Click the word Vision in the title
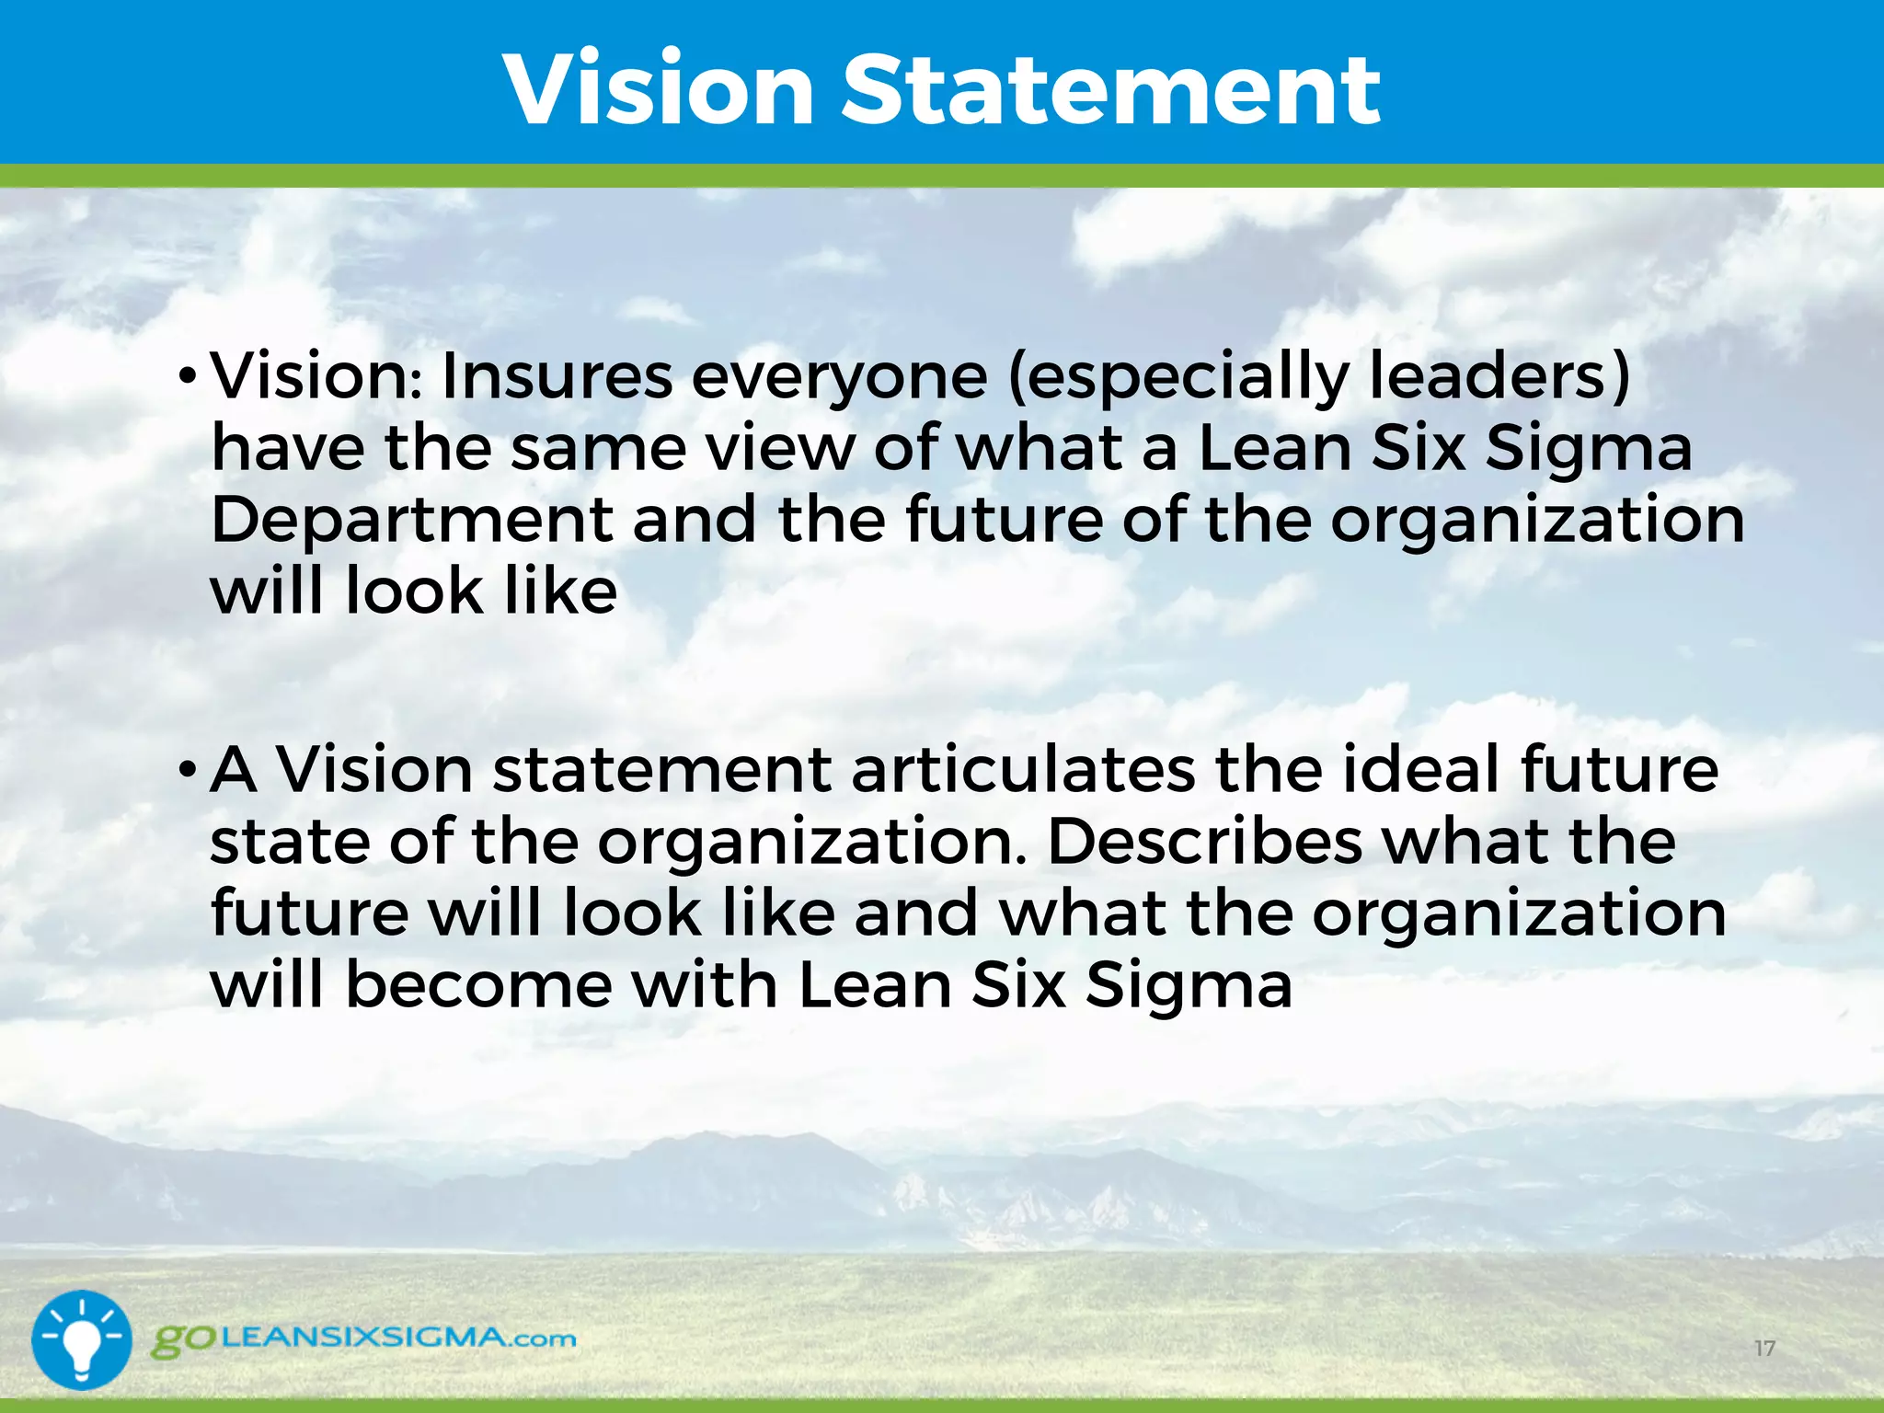pyautogui.click(x=659, y=89)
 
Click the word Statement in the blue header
pyautogui.click(x=1110, y=89)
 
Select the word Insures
pyautogui.click(x=557, y=376)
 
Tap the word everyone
pyautogui.click(x=839, y=378)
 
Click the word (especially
pyautogui.click(x=1178, y=378)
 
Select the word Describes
pyautogui.click(x=1204, y=841)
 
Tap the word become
pyautogui.click(x=478, y=984)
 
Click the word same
pyautogui.click(x=598, y=449)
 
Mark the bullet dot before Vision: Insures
pyautogui.click(x=188, y=376)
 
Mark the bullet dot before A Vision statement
pyautogui.click(x=188, y=768)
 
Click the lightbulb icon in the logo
pyautogui.click(x=82, y=1339)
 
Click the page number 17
pyautogui.click(x=1764, y=1349)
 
